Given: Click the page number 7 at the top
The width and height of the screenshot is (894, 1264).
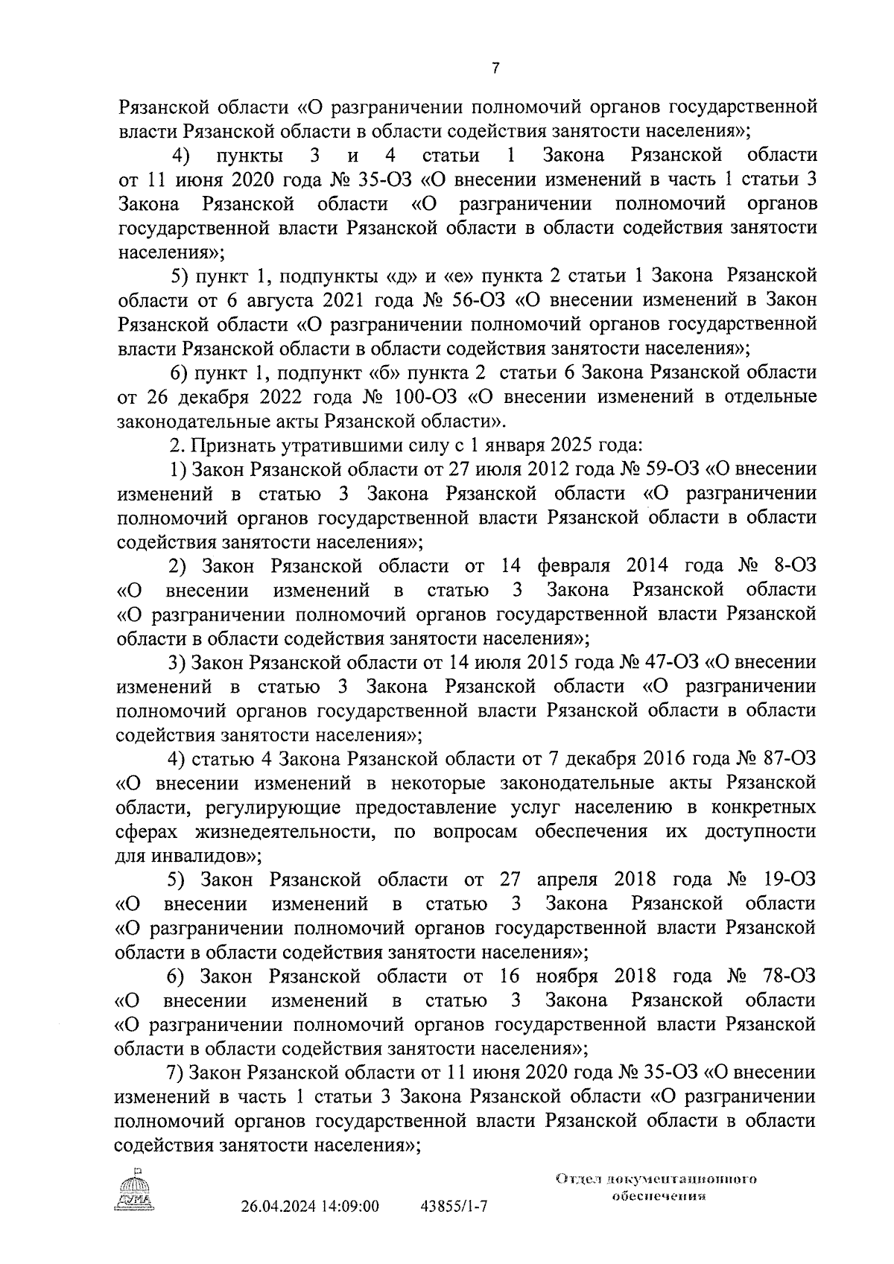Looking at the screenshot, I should tap(495, 68).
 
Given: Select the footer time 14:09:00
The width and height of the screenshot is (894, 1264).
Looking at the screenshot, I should tap(351, 1226).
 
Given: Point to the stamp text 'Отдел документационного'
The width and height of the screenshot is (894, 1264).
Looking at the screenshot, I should tap(656, 1180).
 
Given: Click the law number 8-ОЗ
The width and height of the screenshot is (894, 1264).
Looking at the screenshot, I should tap(795, 566).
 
